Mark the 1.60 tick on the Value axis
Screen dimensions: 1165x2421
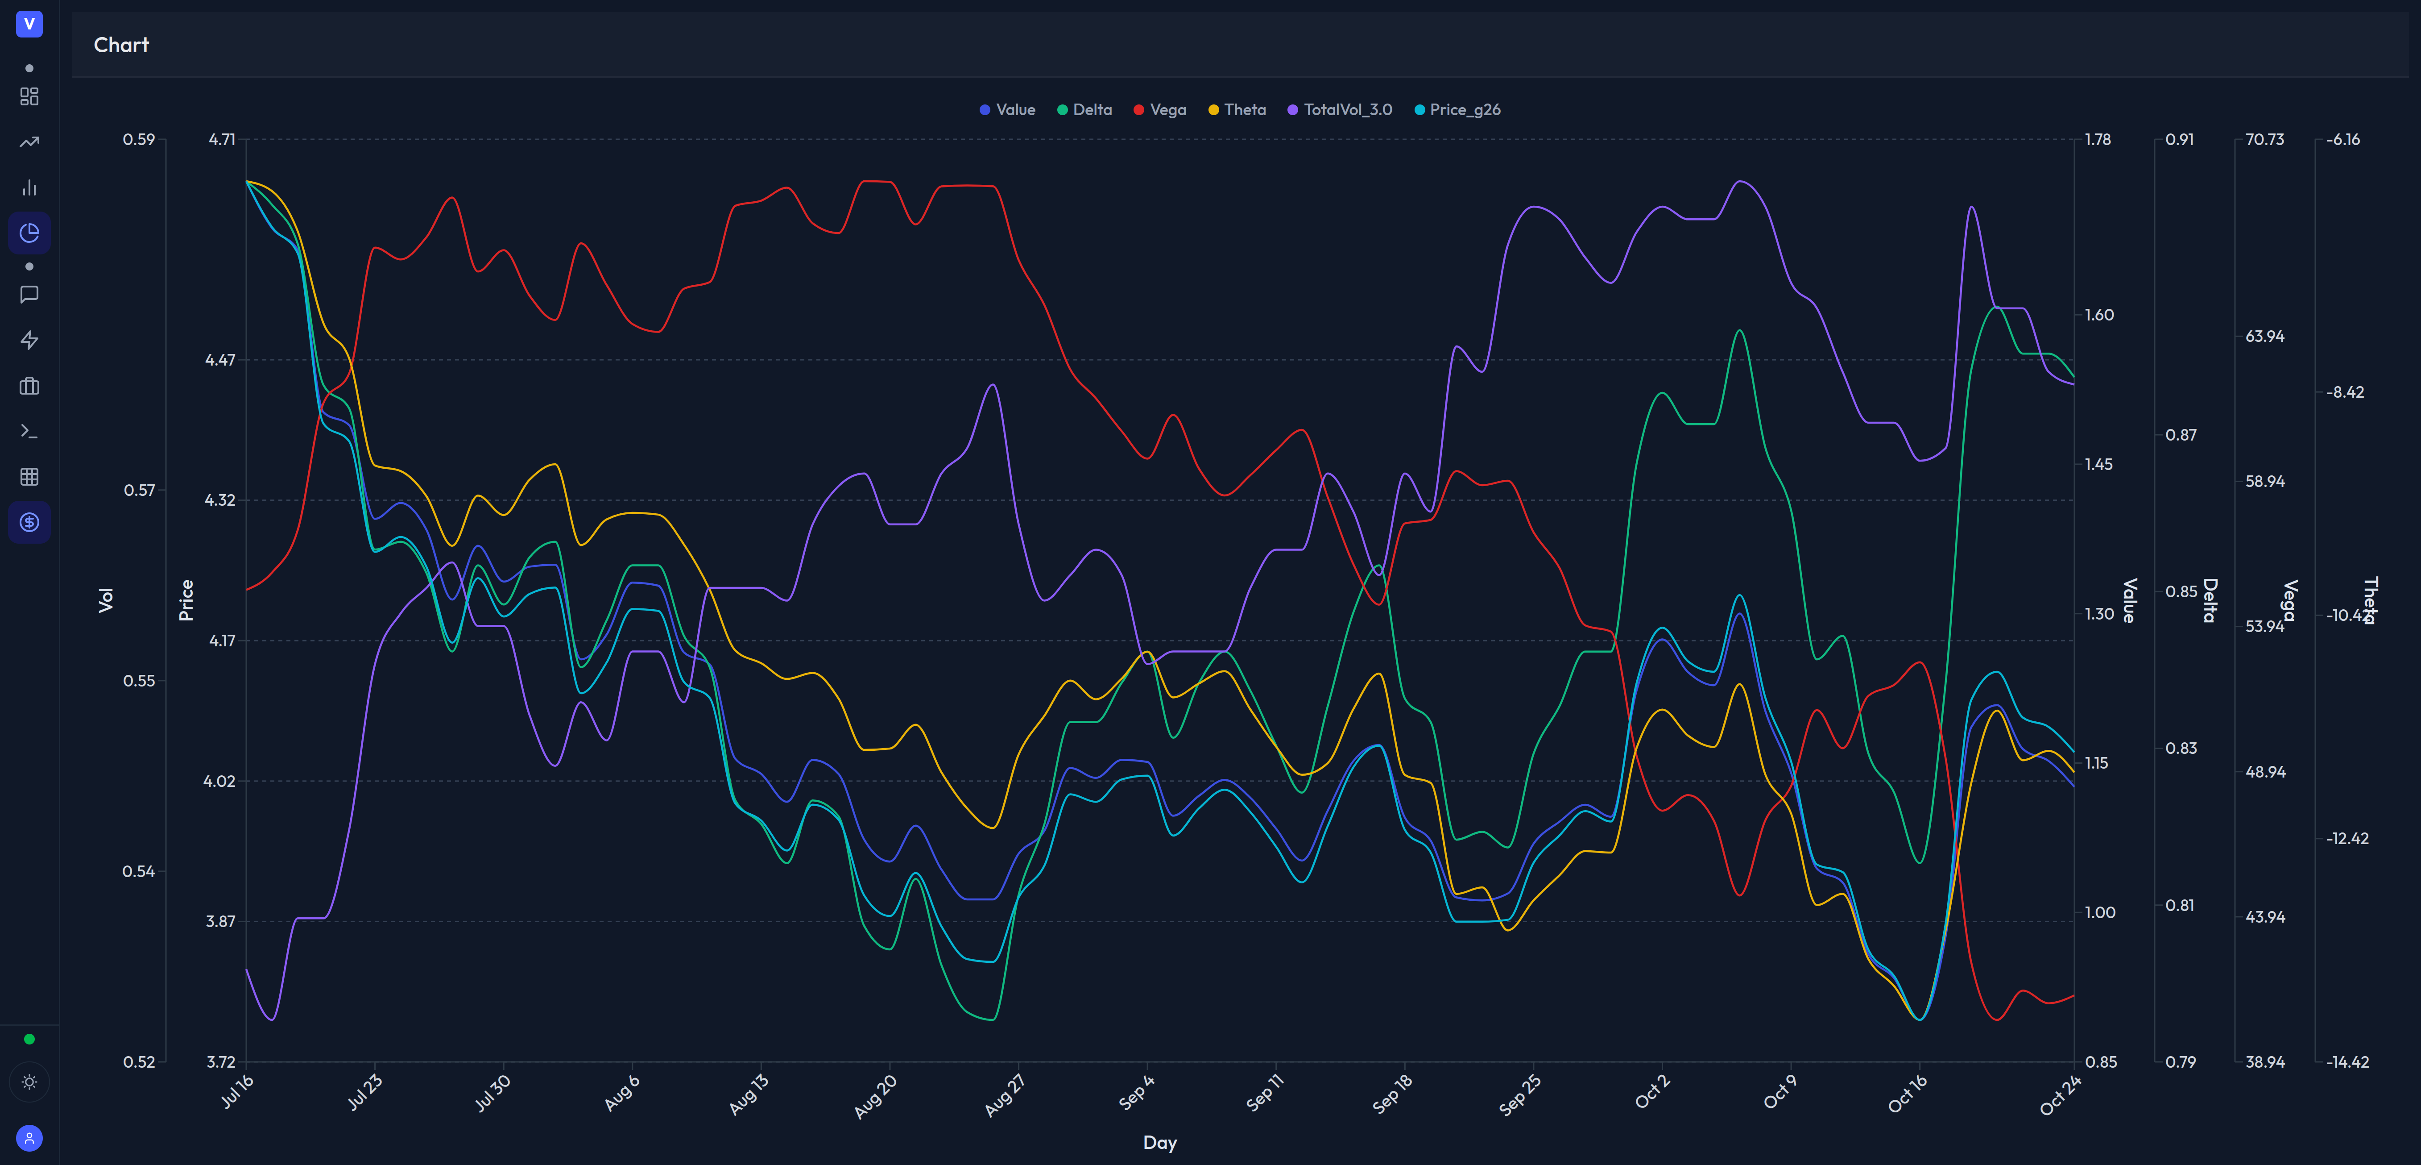tap(2098, 315)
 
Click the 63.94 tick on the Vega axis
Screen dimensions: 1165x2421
tap(2264, 337)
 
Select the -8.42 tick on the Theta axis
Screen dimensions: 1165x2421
tap(2345, 392)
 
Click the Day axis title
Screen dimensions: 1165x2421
tap(1160, 1142)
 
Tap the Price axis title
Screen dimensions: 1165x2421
tap(186, 600)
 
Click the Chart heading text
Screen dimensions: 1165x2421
tap(121, 45)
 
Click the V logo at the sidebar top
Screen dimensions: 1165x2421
tap(29, 24)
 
